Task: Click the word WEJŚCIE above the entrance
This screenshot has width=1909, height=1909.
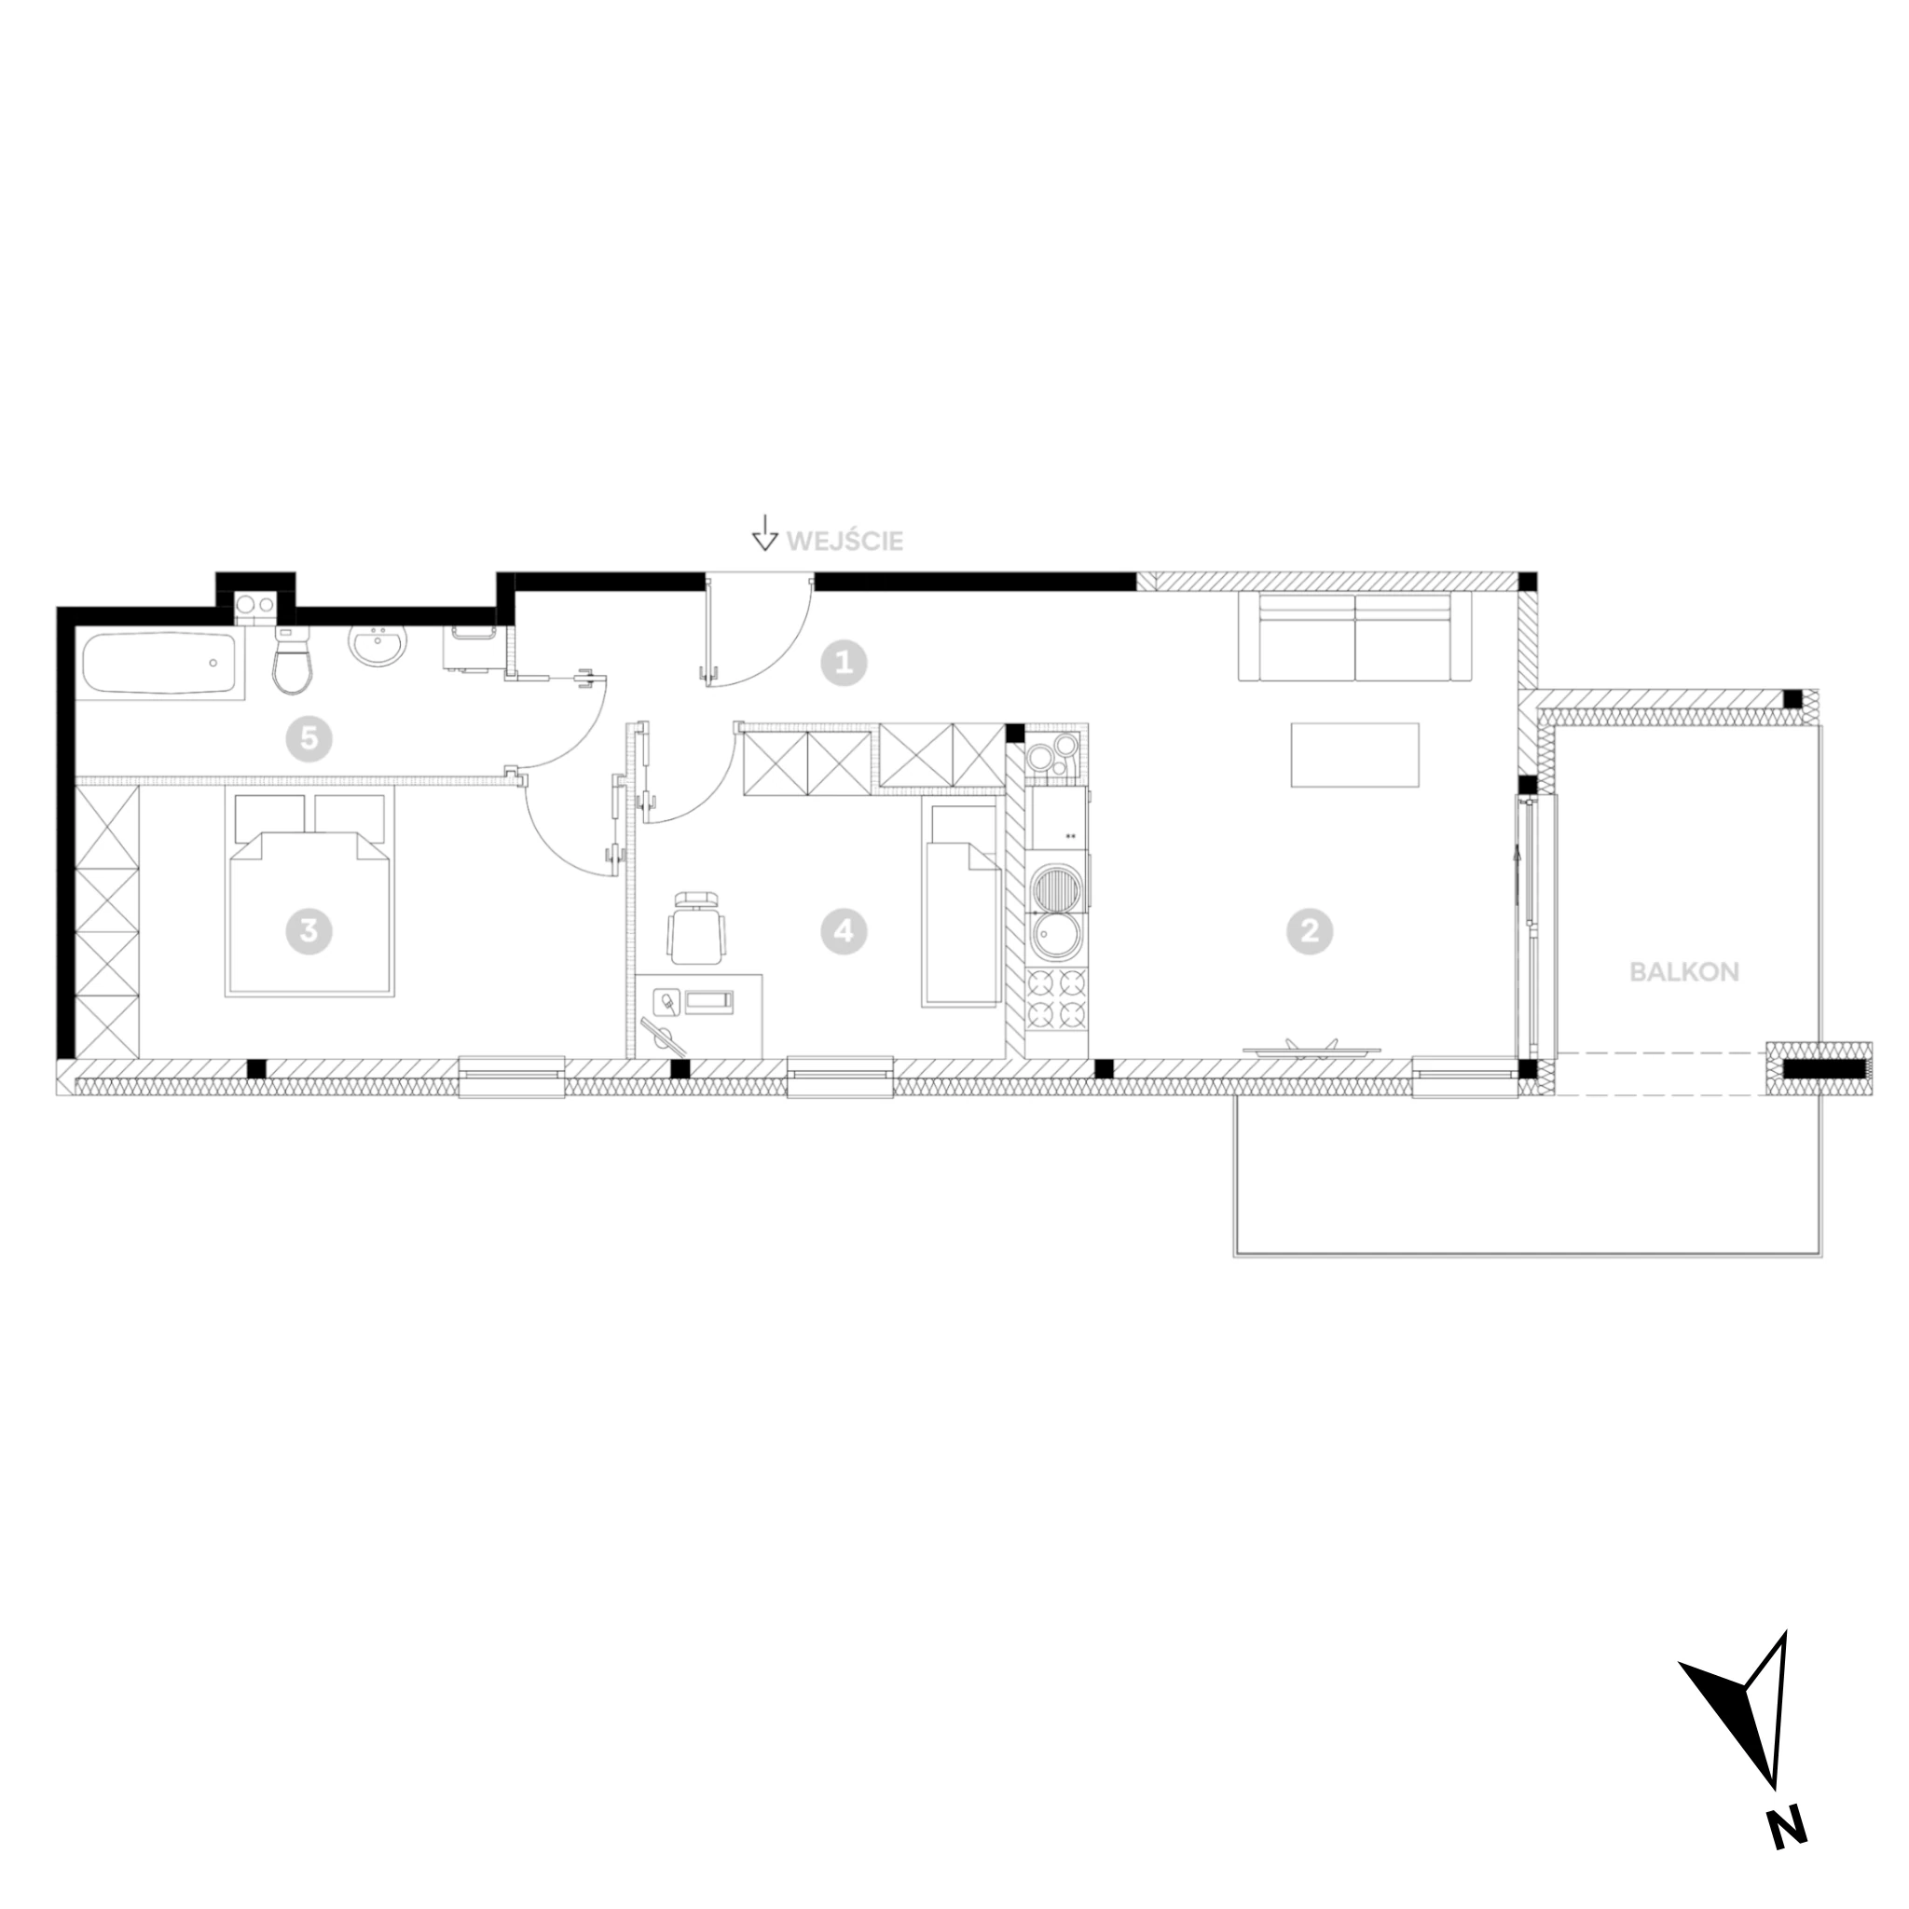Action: (x=845, y=542)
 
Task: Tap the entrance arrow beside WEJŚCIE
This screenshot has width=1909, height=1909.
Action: (x=763, y=531)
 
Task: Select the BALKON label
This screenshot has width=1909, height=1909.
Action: (x=1683, y=971)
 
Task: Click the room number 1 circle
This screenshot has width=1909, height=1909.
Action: (x=844, y=662)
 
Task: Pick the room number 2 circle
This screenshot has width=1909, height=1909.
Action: (x=1311, y=931)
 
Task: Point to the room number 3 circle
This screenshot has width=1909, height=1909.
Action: (x=309, y=931)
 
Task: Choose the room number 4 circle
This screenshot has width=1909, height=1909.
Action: (x=844, y=931)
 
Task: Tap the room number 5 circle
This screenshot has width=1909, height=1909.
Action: (x=309, y=738)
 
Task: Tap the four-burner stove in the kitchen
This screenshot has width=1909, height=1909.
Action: (x=1058, y=999)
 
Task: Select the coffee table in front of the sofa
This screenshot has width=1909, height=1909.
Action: (x=1354, y=755)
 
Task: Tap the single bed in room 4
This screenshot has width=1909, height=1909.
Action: (x=960, y=902)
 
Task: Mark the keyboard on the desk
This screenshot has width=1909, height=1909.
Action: (x=711, y=1002)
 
